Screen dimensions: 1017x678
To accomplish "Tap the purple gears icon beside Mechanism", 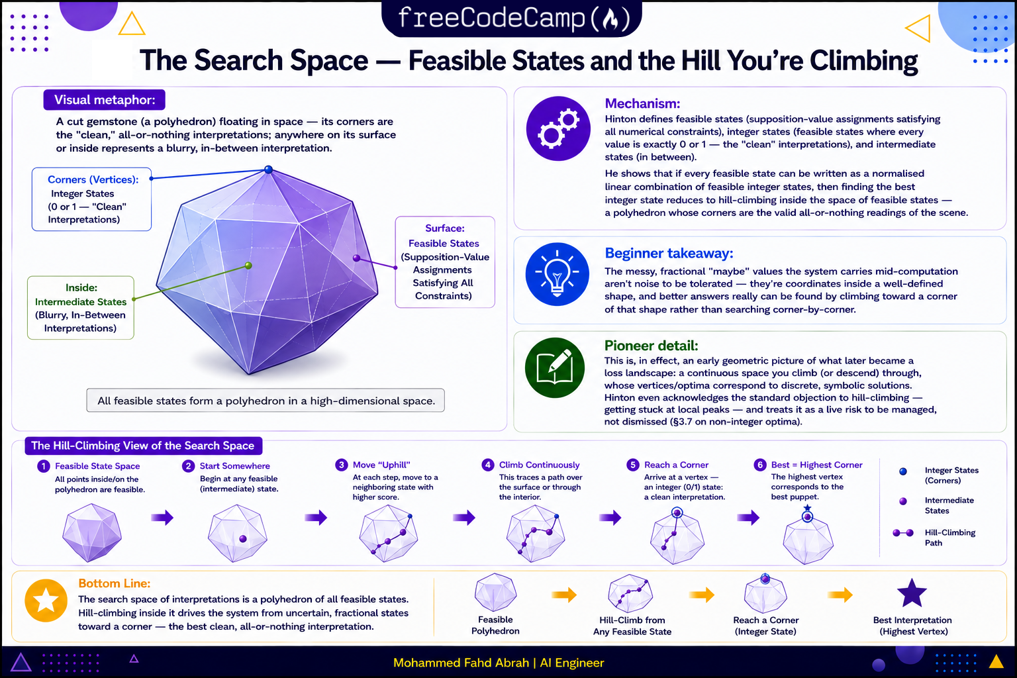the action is [558, 128].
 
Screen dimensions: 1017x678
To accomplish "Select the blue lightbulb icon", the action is [557, 274].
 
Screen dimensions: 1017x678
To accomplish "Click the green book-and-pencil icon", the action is [555, 368].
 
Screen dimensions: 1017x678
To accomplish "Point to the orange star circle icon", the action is [46, 601].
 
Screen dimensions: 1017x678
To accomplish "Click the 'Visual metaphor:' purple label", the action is [105, 100].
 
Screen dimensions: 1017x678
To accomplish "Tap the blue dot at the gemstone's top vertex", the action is [268, 169].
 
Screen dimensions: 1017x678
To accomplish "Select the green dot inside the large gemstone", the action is [248, 266].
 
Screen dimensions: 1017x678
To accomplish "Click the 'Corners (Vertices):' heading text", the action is [93, 179].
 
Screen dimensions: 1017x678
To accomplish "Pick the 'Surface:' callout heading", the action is [444, 228].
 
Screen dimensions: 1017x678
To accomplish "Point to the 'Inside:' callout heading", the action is [81, 287].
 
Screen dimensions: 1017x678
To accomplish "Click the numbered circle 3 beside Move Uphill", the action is [342, 465].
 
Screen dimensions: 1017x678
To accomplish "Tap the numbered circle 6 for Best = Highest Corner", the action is [760, 465].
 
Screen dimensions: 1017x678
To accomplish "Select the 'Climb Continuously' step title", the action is [540, 465].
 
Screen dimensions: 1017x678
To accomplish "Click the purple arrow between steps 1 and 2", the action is [162, 517].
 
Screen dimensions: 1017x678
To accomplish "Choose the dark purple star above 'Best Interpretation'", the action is [912, 593].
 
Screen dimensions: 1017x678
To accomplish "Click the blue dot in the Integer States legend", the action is [903, 471].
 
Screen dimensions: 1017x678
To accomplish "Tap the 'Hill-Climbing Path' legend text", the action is [950, 538].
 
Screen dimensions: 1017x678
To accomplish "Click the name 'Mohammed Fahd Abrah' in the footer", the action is [461, 663].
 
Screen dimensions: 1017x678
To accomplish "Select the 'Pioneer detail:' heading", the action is [651, 346].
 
